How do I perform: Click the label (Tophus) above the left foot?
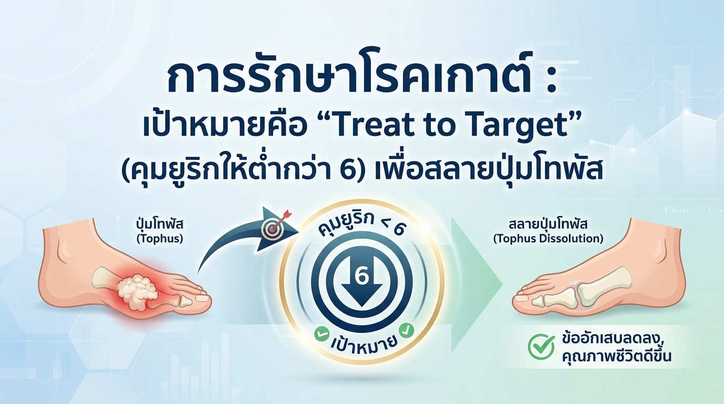click(160, 239)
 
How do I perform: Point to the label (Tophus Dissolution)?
click(548, 239)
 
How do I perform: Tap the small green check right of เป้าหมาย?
click(406, 330)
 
